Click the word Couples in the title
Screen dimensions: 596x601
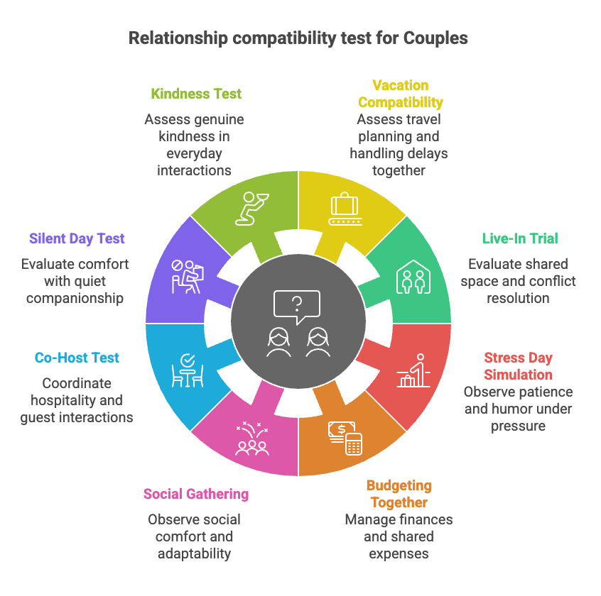coord(435,38)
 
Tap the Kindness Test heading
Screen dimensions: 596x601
coord(196,94)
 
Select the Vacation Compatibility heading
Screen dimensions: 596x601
coord(400,94)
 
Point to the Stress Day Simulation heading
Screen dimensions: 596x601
coord(518,365)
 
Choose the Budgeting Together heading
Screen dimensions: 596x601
coord(399,494)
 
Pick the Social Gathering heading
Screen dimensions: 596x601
coord(196,494)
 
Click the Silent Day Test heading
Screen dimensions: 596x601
coord(77,238)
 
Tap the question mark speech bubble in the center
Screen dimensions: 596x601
coord(298,304)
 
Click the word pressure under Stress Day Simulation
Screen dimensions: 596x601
coord(518,426)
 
